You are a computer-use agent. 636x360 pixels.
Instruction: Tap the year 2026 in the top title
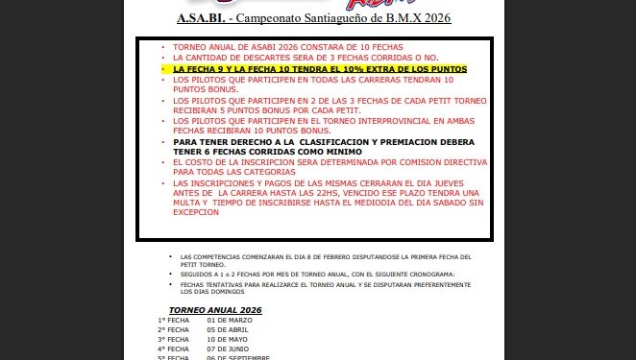pyautogui.click(x=433, y=18)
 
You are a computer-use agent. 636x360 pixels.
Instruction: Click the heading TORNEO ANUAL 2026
pyautogui.click(x=215, y=310)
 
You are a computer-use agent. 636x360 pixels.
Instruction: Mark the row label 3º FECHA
pyautogui.click(x=174, y=340)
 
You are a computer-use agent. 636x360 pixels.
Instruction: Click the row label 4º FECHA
pyautogui.click(x=174, y=348)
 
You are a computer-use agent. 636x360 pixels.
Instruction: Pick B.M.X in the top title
pyautogui.click(x=397, y=18)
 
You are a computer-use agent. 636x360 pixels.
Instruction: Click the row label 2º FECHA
pyautogui.click(x=174, y=330)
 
